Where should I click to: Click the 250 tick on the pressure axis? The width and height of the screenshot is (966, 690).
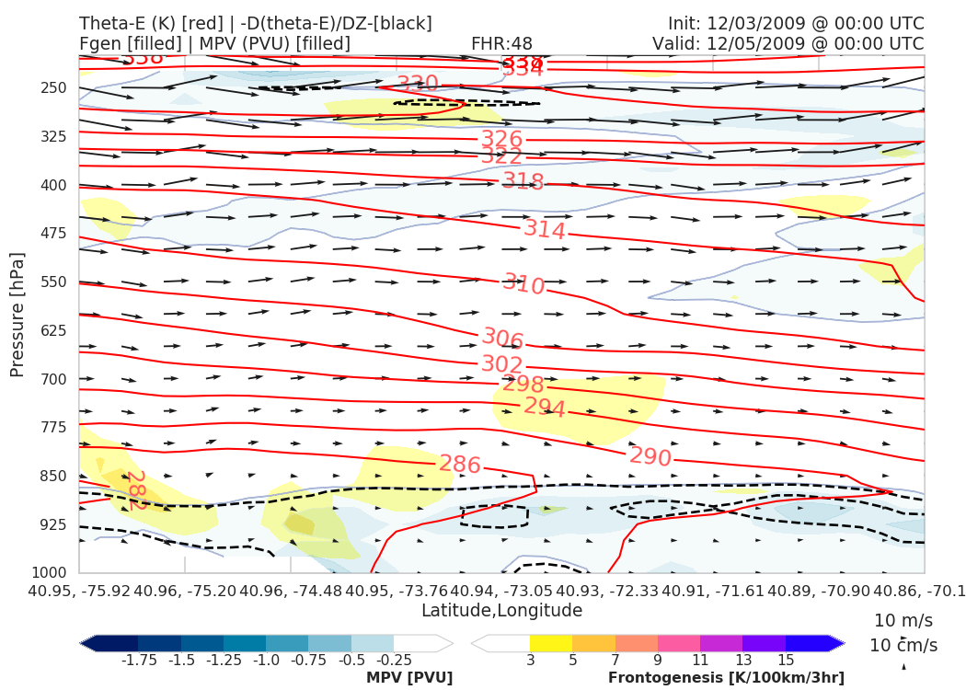pos(54,88)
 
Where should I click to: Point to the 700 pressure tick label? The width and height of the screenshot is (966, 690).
pos(54,379)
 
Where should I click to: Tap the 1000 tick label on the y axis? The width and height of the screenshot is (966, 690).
pos(50,573)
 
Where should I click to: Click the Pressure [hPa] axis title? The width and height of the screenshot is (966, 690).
pos(17,315)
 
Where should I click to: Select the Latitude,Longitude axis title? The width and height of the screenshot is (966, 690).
pos(501,611)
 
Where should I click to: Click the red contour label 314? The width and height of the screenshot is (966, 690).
pos(545,229)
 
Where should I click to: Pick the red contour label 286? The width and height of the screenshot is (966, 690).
pos(459,465)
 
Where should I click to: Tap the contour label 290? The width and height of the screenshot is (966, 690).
pos(650,457)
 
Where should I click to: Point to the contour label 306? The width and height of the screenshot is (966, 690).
pos(502,339)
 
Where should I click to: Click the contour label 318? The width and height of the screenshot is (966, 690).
pos(523,181)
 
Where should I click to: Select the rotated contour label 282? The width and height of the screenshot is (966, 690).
pos(136,490)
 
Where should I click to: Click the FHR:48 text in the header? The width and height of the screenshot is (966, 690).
pos(501,44)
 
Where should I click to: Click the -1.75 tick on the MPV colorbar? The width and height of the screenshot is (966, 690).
pos(138,661)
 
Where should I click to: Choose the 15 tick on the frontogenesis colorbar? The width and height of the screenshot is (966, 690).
pos(786,661)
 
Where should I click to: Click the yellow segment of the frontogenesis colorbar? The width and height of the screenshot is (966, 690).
pos(550,643)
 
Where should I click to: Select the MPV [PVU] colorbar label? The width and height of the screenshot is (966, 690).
pos(409,678)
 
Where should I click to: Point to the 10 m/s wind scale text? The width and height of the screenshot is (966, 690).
pos(903,620)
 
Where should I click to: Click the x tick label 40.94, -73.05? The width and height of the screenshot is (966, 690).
pos(501,590)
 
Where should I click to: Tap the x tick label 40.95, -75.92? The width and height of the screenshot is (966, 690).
pos(80,590)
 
